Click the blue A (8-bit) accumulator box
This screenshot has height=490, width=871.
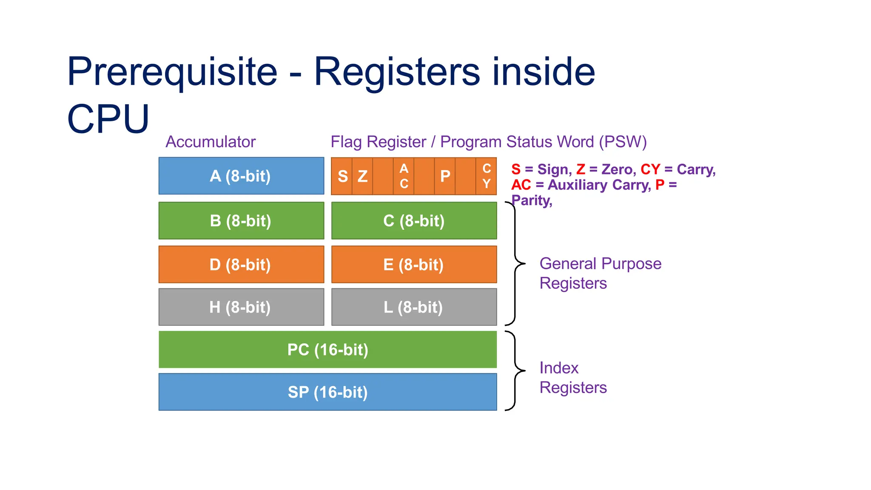point(241,176)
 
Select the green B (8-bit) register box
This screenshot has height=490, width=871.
point(241,220)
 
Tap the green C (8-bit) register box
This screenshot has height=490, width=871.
point(414,220)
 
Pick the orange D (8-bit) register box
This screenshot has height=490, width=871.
point(241,264)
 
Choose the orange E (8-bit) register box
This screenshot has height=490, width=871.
point(414,264)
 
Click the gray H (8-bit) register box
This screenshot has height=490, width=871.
point(241,307)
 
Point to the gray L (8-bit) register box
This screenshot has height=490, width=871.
point(414,307)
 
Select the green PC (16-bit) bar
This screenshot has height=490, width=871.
point(327,349)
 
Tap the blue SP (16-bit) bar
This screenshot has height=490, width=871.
point(327,392)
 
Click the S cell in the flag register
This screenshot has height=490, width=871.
point(342,176)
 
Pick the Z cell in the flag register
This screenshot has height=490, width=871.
point(362,176)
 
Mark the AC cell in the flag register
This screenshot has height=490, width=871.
point(404,176)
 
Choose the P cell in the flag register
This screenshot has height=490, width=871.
point(445,176)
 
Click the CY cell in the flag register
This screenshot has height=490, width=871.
point(486,176)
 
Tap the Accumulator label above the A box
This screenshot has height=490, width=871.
point(211,142)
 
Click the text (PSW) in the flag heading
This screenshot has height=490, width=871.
point(623,142)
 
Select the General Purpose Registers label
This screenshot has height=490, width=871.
point(600,273)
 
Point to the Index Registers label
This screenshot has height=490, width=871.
point(572,377)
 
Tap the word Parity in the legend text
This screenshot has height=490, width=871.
point(531,200)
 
